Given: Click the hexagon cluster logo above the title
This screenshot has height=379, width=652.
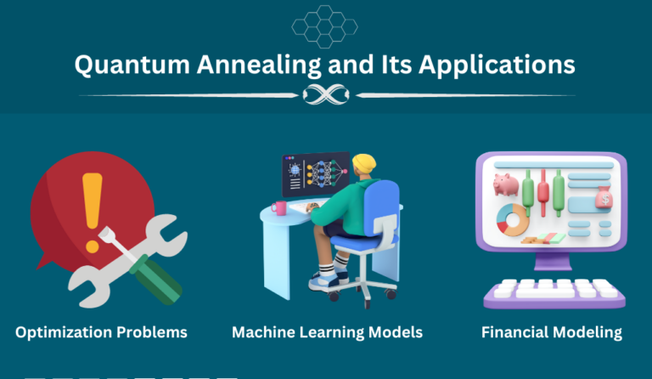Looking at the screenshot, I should coord(324,26).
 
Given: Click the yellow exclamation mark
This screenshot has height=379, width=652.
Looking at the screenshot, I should coord(92,200).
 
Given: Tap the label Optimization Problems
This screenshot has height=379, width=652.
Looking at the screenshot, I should coord(101,331).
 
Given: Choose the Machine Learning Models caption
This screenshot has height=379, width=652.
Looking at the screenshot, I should coord(327,331).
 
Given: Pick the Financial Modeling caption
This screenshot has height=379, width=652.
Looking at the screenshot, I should coord(551,331).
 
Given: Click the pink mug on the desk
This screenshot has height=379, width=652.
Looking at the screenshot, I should coord(278,206).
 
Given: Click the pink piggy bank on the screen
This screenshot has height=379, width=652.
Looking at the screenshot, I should coord(506,184).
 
